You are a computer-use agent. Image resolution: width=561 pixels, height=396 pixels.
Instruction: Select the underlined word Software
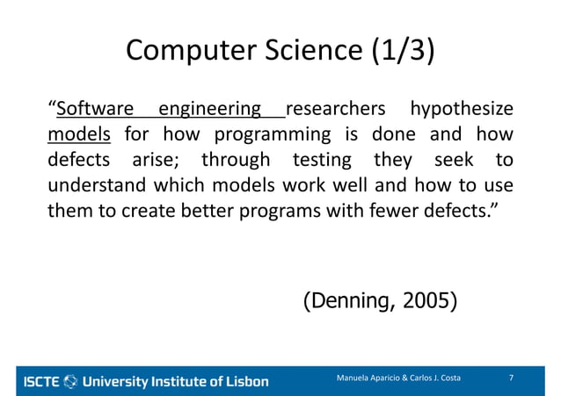(94, 110)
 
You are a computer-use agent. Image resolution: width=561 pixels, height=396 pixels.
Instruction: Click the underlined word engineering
(209, 110)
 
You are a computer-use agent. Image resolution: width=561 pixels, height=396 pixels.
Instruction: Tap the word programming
(266, 135)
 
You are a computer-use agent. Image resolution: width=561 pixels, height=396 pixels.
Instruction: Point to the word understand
(97, 187)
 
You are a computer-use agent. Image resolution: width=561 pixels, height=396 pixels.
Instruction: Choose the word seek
(454, 162)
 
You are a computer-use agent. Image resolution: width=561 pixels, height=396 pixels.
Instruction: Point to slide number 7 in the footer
(512, 378)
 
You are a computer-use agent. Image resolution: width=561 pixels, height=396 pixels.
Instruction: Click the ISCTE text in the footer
(40, 381)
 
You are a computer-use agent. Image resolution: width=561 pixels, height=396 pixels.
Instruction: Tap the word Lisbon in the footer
(245, 381)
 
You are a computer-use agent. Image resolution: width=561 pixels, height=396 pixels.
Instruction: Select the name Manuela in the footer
(355, 378)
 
